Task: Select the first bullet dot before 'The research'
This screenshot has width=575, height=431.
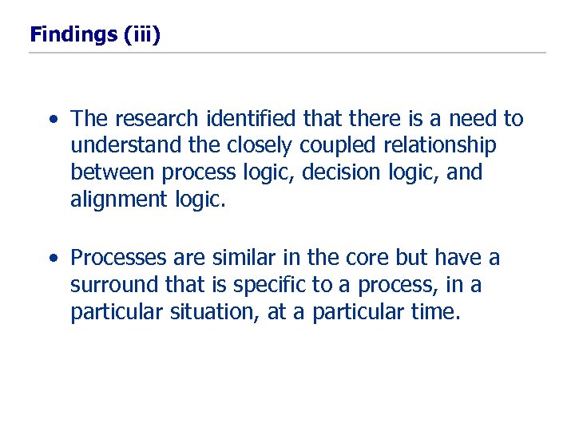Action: point(53,121)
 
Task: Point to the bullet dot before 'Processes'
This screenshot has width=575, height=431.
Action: point(53,259)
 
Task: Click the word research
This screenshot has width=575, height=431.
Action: point(157,119)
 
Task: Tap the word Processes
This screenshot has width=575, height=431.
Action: point(117,258)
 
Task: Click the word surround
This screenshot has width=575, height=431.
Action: point(111,285)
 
